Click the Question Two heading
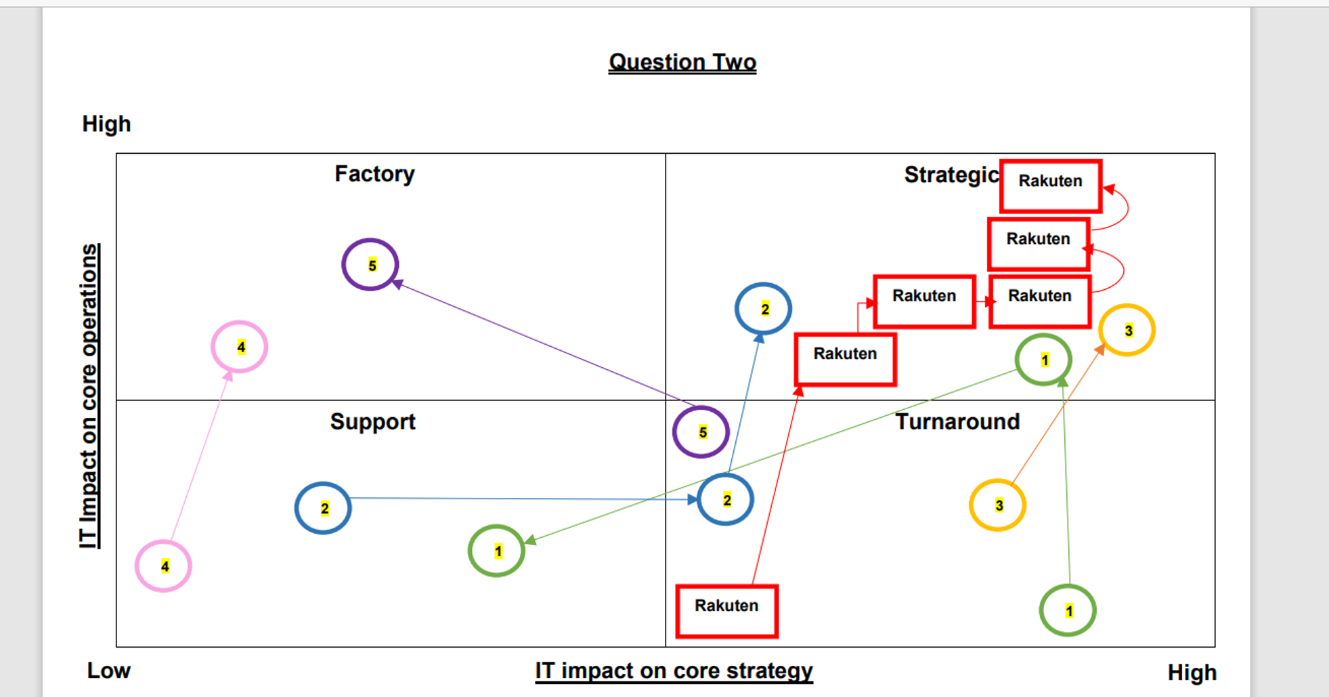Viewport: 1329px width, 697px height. click(x=682, y=62)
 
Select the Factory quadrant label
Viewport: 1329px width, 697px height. click(x=374, y=174)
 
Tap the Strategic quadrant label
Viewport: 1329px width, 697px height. click(x=951, y=175)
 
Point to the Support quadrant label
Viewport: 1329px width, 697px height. click(x=372, y=421)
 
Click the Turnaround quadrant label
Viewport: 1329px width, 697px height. click(x=957, y=421)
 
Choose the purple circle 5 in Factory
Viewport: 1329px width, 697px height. click(x=370, y=265)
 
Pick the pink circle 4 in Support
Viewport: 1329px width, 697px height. click(x=163, y=566)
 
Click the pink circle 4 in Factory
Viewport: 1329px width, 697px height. click(x=240, y=347)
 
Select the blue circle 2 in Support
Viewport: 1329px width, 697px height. click(x=323, y=508)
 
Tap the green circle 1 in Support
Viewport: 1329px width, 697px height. click(x=496, y=551)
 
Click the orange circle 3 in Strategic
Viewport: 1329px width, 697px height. click(x=1127, y=331)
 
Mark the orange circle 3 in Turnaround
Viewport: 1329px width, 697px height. click(x=997, y=505)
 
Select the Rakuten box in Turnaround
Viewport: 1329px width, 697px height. click(x=726, y=611)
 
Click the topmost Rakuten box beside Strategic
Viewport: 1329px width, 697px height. click(x=1050, y=186)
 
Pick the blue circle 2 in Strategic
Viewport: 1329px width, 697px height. click(x=763, y=309)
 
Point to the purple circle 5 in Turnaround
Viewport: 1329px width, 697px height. click(x=701, y=432)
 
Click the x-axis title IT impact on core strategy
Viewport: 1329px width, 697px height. click(x=674, y=671)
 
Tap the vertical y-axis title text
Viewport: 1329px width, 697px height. click(x=89, y=396)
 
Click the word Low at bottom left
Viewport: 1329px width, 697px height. click(x=108, y=671)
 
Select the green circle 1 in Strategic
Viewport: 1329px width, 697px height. click(x=1043, y=360)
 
